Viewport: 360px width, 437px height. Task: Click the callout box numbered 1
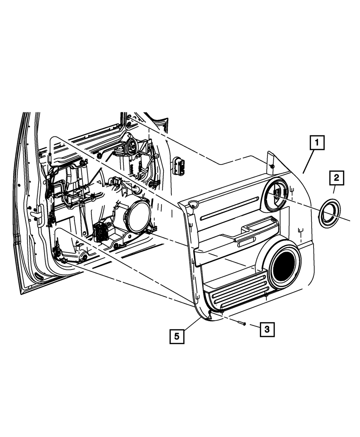click(x=317, y=143)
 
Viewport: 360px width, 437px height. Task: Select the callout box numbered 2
click(x=336, y=177)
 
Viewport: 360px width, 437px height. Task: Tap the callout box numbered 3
click(x=267, y=329)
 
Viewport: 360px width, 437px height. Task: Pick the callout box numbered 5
click(x=177, y=336)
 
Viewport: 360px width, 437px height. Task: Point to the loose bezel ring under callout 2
click(x=329, y=213)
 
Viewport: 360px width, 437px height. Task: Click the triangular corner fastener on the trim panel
click(x=193, y=205)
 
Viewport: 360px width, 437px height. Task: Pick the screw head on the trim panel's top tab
click(x=272, y=166)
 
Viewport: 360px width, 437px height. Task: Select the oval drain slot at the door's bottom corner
click(x=37, y=276)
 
